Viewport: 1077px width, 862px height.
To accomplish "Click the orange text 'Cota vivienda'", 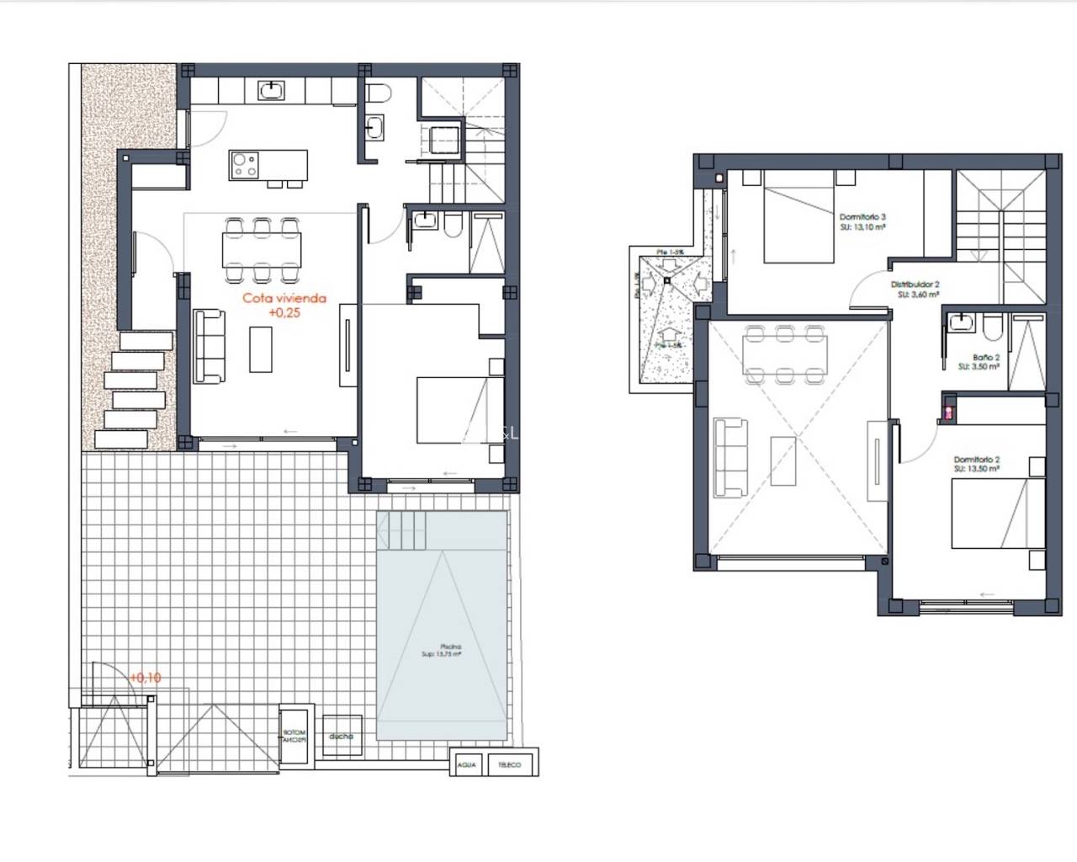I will (x=284, y=298).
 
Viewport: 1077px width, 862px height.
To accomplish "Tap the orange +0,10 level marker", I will (x=146, y=677).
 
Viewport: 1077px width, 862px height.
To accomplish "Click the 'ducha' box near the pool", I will (x=341, y=736).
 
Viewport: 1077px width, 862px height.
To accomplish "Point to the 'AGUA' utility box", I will (x=467, y=764).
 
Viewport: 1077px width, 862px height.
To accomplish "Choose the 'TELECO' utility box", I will (x=509, y=764).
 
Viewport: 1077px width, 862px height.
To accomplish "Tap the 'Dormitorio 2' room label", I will (x=976, y=460).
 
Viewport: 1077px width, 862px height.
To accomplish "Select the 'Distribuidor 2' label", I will (x=915, y=285).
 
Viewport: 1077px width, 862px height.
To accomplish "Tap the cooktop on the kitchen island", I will (x=245, y=164).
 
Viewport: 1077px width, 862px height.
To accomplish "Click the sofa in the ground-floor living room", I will (x=209, y=344).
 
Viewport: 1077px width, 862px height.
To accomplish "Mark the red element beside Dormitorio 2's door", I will (x=949, y=412).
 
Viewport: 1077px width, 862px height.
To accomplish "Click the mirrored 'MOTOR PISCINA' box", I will (x=294, y=737).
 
